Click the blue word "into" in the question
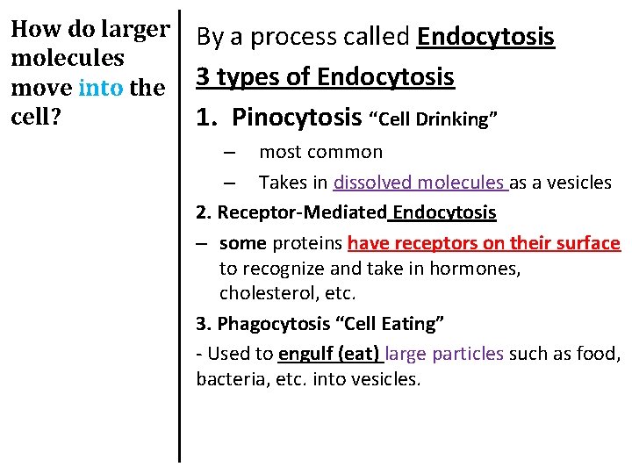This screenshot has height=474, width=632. [x=101, y=87]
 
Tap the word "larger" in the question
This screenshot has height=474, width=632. [x=135, y=30]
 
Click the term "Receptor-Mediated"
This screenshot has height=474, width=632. [x=302, y=212]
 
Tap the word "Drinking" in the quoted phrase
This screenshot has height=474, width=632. [x=456, y=118]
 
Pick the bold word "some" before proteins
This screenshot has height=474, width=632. [x=242, y=242]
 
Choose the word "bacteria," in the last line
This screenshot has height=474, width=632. [x=231, y=379]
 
